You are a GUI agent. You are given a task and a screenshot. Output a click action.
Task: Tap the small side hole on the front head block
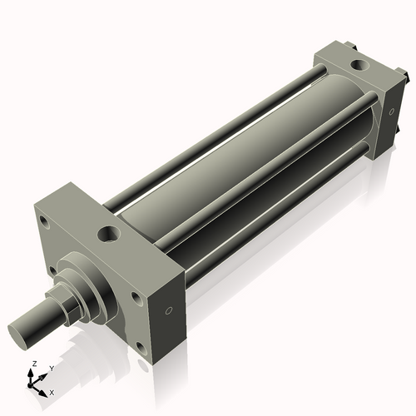tap(169, 310)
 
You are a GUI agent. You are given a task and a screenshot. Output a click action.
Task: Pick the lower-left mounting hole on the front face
tap(52, 270)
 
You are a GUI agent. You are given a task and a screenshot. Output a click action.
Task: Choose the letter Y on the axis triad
tap(51, 367)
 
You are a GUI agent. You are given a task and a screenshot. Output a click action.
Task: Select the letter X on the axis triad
tap(52, 391)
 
